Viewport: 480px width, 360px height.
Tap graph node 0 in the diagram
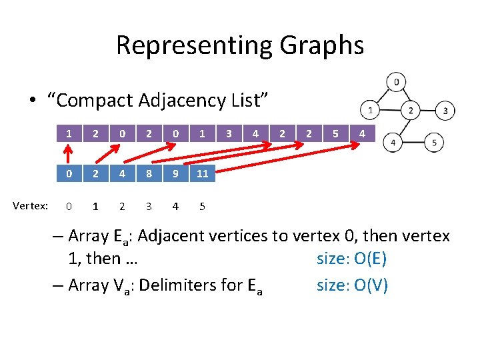click(396, 83)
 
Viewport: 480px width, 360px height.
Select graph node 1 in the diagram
click(369, 108)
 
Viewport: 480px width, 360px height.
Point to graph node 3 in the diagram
click(445, 110)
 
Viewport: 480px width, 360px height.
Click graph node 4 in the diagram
click(393, 143)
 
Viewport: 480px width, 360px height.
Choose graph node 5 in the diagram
click(435, 143)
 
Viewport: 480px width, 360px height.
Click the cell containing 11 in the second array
click(202, 173)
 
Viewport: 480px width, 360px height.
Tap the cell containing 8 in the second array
click(149, 173)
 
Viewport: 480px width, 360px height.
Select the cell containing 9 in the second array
click(175, 173)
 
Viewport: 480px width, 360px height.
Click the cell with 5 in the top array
click(335, 134)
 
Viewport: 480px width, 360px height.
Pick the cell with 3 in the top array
click(229, 134)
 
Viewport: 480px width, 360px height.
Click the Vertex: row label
click(30, 206)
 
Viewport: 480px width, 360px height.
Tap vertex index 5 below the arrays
click(202, 206)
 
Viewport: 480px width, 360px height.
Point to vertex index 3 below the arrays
click(149, 206)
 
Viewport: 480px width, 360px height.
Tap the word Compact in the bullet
click(95, 101)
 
